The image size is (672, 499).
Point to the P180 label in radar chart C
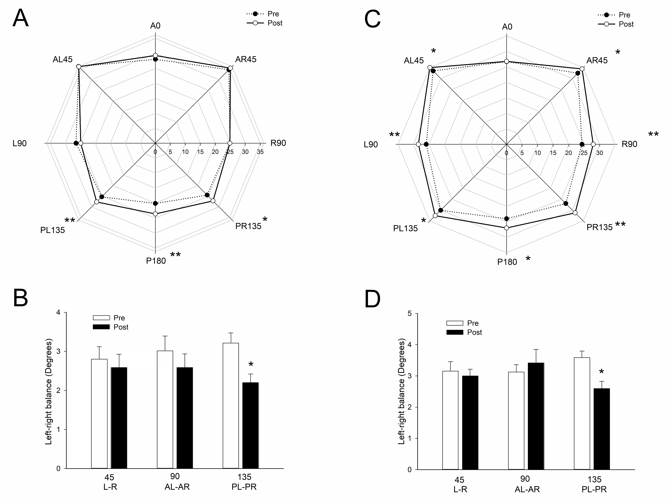[x=507, y=262]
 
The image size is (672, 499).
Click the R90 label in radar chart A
[x=278, y=143]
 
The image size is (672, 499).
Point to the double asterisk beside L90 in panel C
[x=394, y=135]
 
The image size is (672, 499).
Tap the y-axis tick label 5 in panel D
[x=410, y=314]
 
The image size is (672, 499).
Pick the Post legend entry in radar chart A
[x=265, y=23]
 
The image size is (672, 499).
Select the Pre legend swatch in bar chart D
[x=455, y=323]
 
